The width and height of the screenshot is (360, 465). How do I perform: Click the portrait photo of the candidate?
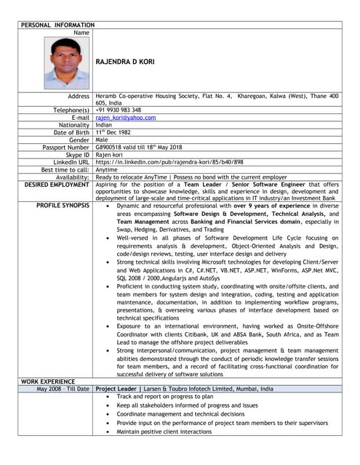coord(66,63)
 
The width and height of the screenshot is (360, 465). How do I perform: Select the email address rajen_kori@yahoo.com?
coord(126,118)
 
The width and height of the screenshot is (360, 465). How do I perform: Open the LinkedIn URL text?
coord(169,162)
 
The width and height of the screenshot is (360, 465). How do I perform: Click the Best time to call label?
coord(65,169)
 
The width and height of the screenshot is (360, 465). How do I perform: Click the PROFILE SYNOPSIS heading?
coord(63,206)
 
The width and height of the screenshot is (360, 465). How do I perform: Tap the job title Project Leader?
coord(116,389)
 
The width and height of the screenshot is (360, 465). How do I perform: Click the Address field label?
coord(78,96)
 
